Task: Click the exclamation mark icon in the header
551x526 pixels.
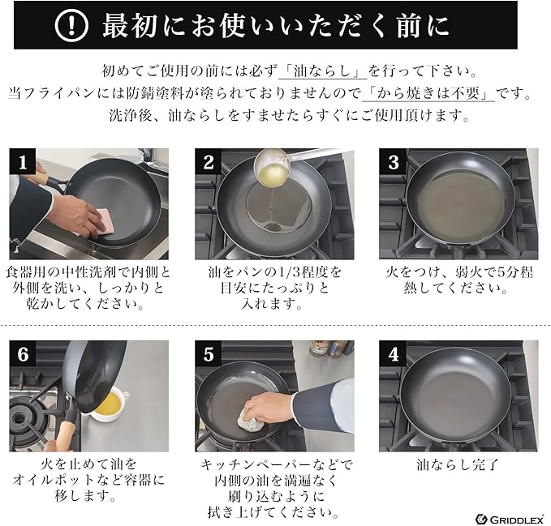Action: click(x=71, y=25)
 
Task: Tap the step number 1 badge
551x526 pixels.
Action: click(x=23, y=161)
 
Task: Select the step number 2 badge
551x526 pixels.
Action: click(x=208, y=161)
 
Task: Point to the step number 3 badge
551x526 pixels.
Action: click(x=393, y=161)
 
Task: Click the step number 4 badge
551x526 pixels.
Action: click(x=393, y=353)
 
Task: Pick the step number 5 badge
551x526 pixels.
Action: click(x=208, y=353)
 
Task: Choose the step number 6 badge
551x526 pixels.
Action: click(x=23, y=353)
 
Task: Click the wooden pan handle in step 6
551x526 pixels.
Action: click(x=63, y=436)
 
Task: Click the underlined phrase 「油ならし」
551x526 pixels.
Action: click(x=323, y=71)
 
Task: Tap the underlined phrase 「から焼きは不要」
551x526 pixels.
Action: click(x=428, y=93)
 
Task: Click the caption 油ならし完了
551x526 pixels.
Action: click(x=458, y=464)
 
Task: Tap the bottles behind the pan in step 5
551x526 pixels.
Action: click(x=332, y=349)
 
